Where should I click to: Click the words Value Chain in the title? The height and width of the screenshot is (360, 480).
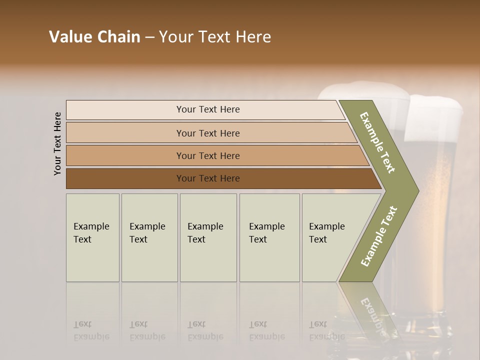[94, 37]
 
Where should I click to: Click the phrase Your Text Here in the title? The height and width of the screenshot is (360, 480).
[215, 37]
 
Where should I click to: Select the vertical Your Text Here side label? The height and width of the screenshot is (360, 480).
[57, 143]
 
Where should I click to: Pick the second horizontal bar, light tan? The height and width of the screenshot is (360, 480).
[208, 133]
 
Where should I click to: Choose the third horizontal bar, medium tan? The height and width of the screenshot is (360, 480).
[208, 155]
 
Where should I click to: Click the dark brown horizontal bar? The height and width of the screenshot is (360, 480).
[208, 178]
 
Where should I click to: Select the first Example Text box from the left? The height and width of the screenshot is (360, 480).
[92, 237]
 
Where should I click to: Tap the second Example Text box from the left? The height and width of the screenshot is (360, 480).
[149, 237]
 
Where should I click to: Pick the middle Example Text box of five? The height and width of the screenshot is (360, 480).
[207, 237]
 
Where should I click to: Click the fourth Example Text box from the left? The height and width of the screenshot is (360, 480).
[269, 237]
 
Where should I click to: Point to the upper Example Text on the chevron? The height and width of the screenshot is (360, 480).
[377, 142]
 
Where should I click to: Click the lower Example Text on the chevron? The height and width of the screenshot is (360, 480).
[378, 236]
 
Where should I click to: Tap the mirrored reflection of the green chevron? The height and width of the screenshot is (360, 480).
[370, 310]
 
